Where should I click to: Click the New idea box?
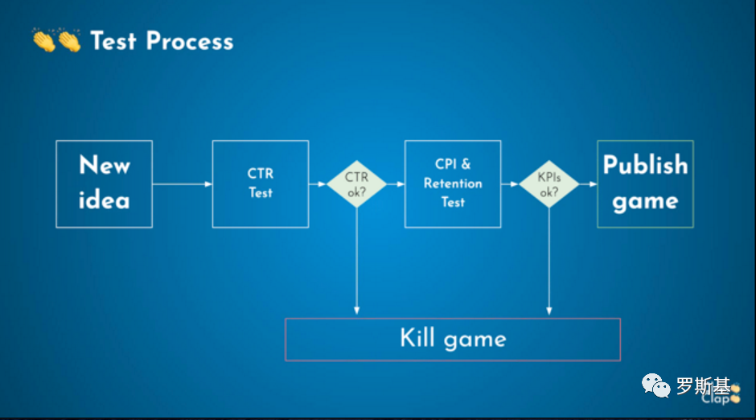tap(104, 183)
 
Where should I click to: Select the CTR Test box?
tap(260, 183)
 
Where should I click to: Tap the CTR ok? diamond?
tap(356, 184)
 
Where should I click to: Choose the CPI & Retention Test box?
tap(453, 183)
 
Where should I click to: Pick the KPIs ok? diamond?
tap(549, 184)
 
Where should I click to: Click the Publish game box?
tap(645, 183)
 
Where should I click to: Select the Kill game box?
tap(453, 339)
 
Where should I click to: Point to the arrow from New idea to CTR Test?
tap(183, 184)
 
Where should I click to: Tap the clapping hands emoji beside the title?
tap(56, 40)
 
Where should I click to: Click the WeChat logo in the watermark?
tap(655, 388)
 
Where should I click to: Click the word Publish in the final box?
tap(645, 165)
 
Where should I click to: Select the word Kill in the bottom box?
tap(417, 338)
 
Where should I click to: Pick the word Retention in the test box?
tap(453, 183)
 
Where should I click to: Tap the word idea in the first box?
tap(104, 200)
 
